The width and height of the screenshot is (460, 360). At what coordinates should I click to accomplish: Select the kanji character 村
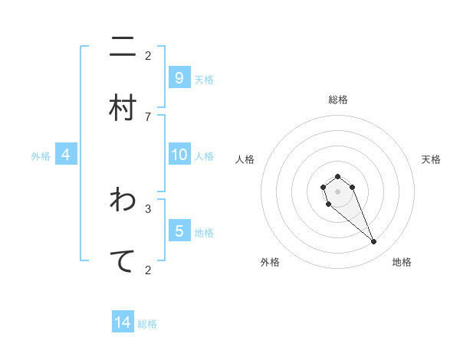(x=123, y=108)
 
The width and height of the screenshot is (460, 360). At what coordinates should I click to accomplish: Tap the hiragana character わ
(x=123, y=200)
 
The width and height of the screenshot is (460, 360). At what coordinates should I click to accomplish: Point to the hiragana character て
(x=123, y=260)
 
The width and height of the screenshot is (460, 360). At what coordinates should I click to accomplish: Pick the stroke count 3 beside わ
(x=148, y=208)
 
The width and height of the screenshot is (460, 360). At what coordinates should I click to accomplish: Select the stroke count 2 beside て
(x=148, y=269)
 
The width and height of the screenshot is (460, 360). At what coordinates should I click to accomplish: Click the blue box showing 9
(x=179, y=78)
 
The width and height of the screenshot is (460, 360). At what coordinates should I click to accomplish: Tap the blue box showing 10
(x=179, y=155)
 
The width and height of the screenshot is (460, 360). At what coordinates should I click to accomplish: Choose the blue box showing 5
(x=179, y=231)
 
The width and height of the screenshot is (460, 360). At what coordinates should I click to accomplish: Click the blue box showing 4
(x=66, y=155)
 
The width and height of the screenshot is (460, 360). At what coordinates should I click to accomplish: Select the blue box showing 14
(x=123, y=322)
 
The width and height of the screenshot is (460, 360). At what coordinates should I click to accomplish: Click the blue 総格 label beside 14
(x=147, y=324)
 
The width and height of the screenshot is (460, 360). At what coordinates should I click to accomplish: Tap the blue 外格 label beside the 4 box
(x=41, y=156)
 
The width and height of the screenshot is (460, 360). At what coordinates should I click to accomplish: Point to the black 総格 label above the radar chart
(x=337, y=100)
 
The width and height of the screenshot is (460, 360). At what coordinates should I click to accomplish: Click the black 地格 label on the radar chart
(x=402, y=262)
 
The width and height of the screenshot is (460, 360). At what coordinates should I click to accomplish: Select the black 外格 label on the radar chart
(x=270, y=262)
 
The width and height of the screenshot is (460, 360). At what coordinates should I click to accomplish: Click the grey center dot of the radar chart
(x=337, y=191)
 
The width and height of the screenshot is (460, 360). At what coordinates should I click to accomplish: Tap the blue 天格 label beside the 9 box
(x=204, y=80)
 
